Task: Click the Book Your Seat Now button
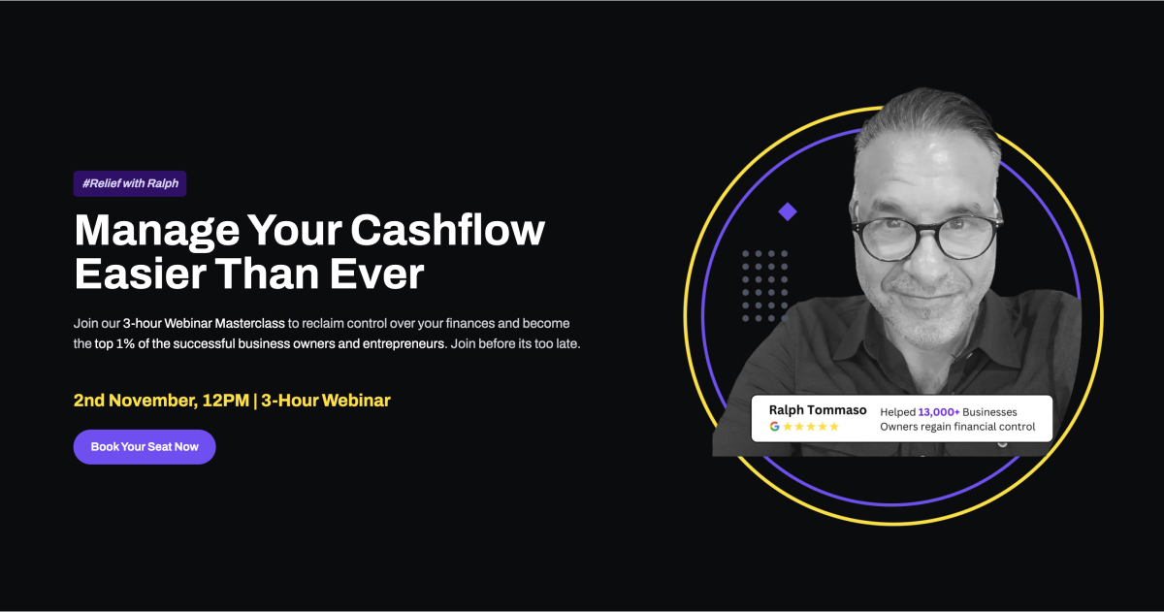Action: click(x=145, y=447)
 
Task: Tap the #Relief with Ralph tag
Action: click(x=130, y=183)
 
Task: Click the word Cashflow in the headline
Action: click(x=448, y=230)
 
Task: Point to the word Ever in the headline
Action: click(x=377, y=274)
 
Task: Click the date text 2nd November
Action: click(x=135, y=401)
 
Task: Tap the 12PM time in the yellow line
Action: click(x=226, y=401)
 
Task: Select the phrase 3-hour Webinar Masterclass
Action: click(x=204, y=323)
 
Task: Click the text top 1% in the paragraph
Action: click(x=114, y=344)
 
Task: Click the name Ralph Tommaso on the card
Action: click(x=818, y=410)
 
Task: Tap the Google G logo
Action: click(x=774, y=427)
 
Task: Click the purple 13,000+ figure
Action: click(x=939, y=412)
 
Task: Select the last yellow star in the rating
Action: click(x=834, y=427)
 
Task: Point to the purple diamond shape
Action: click(x=788, y=211)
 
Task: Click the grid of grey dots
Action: click(x=765, y=286)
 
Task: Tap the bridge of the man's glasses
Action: click(x=927, y=228)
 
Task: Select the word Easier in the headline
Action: click(x=141, y=274)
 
